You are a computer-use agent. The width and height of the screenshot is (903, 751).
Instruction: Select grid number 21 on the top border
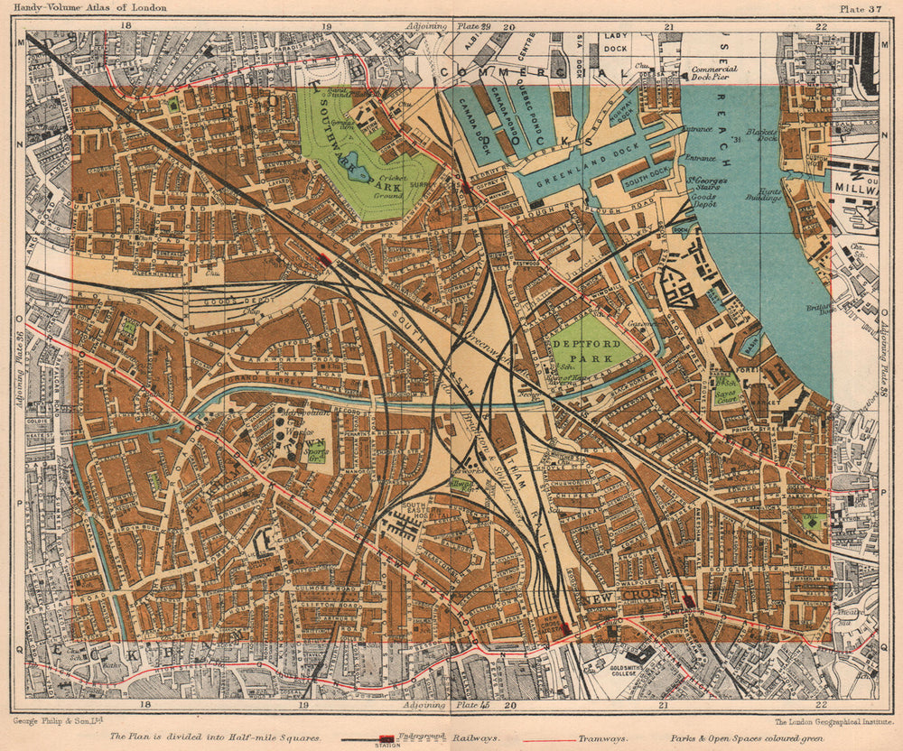pyautogui.click(x=669, y=26)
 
